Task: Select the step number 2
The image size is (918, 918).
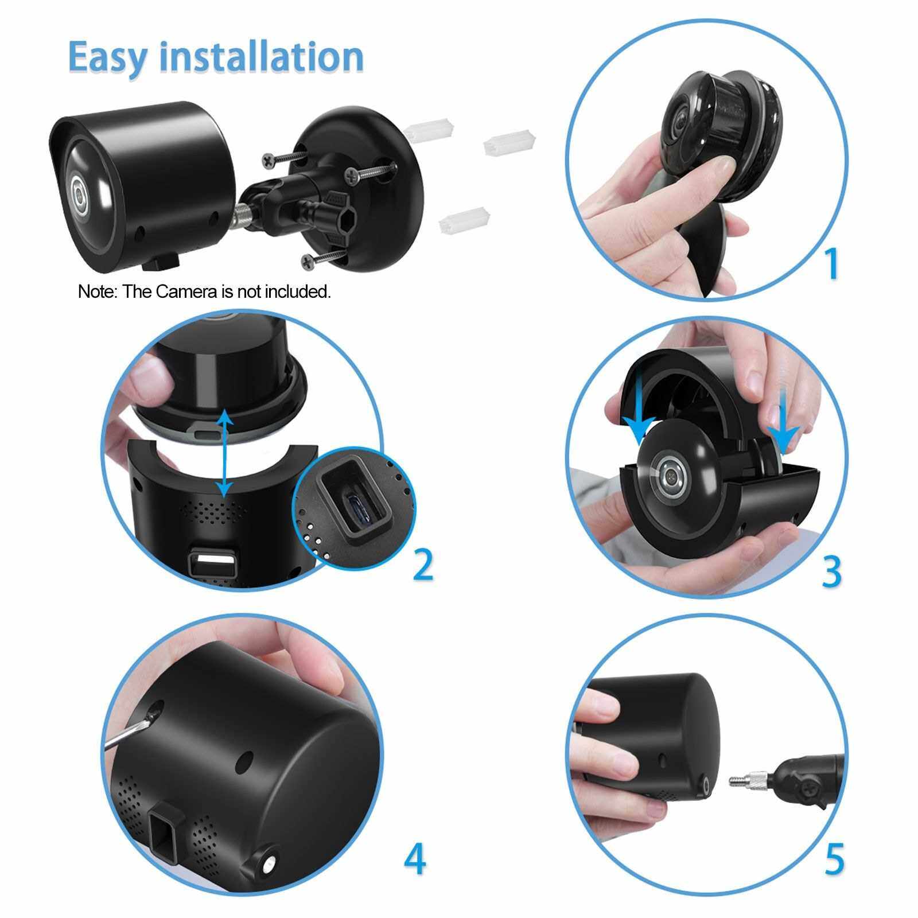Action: click(423, 565)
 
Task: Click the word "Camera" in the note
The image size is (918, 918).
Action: click(187, 291)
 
